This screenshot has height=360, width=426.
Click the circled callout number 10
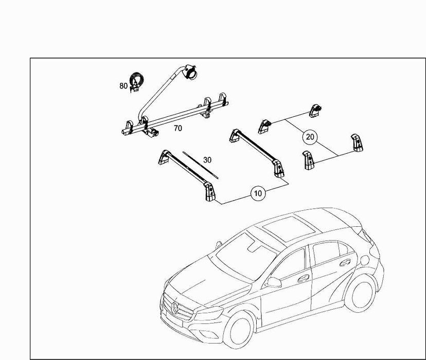pos(258,193)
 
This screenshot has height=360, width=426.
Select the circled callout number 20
pos(310,137)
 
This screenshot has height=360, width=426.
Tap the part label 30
pos(207,160)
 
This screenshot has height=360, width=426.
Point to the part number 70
pos(178,128)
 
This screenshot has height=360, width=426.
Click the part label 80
pos(123,86)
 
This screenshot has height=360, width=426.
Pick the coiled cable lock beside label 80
pos(136,82)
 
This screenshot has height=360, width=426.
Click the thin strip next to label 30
pos(201,165)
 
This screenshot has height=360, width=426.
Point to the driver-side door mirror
pos(273,282)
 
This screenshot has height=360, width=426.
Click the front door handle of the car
pos(303,279)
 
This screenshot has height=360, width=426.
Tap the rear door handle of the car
pos(345,262)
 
